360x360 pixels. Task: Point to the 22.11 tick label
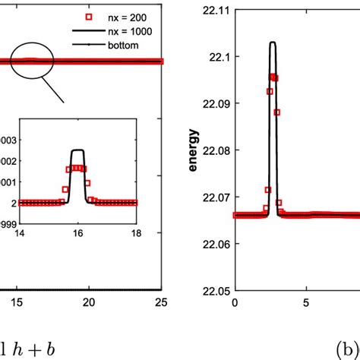pos(214,11)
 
